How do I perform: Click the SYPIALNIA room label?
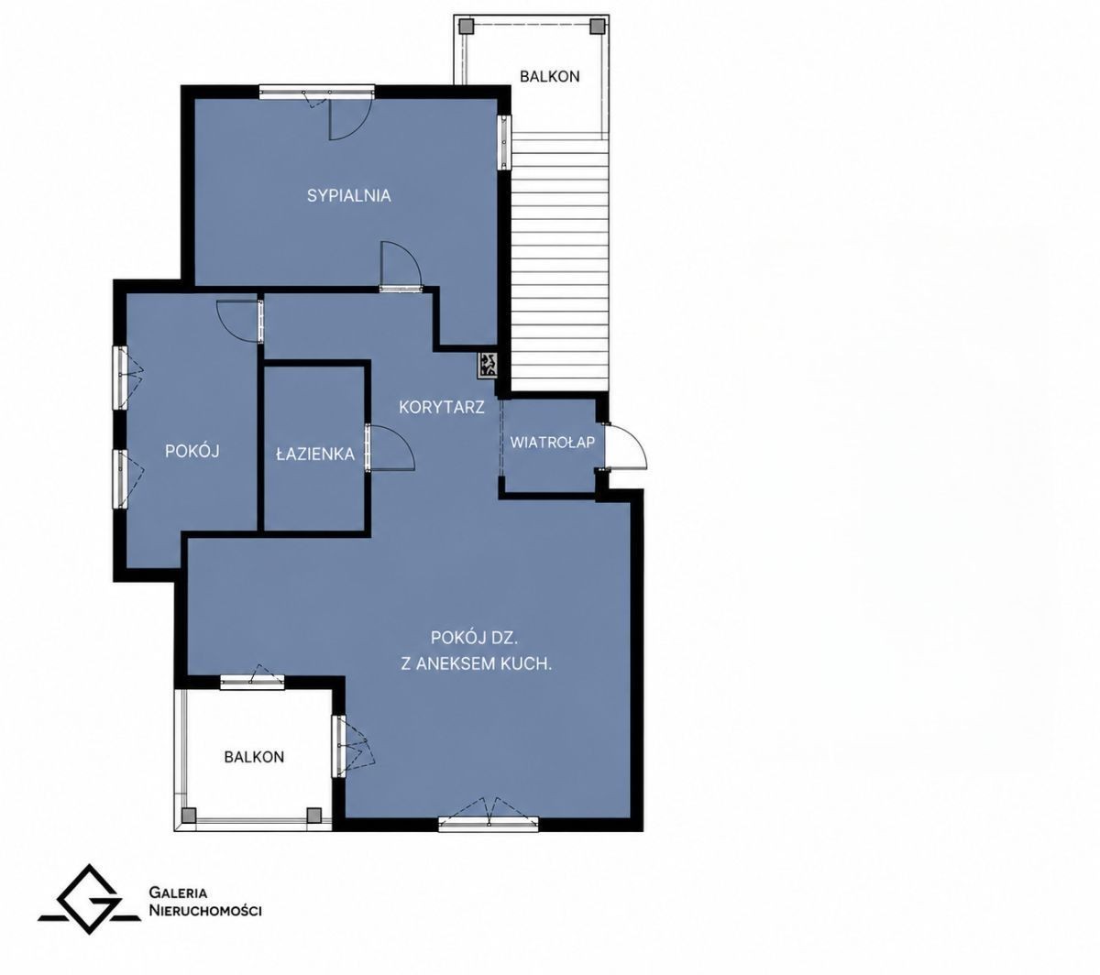pos(348,195)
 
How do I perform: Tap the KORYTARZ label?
pos(442,407)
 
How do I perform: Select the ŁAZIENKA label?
pos(315,454)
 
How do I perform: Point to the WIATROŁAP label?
pos(552,443)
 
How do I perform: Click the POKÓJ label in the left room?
pos(192,451)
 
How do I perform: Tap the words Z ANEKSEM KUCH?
pos(476,663)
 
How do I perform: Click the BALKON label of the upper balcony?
pos(549,77)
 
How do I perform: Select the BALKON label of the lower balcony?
pos(254,757)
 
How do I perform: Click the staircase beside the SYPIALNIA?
pos(559,265)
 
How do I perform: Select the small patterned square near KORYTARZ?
pos(487,364)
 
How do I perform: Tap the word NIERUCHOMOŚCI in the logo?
pos(205,911)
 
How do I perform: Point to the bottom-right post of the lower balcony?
pos(313,815)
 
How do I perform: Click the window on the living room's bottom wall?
pos(488,823)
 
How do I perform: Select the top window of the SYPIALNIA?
pos(316,92)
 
